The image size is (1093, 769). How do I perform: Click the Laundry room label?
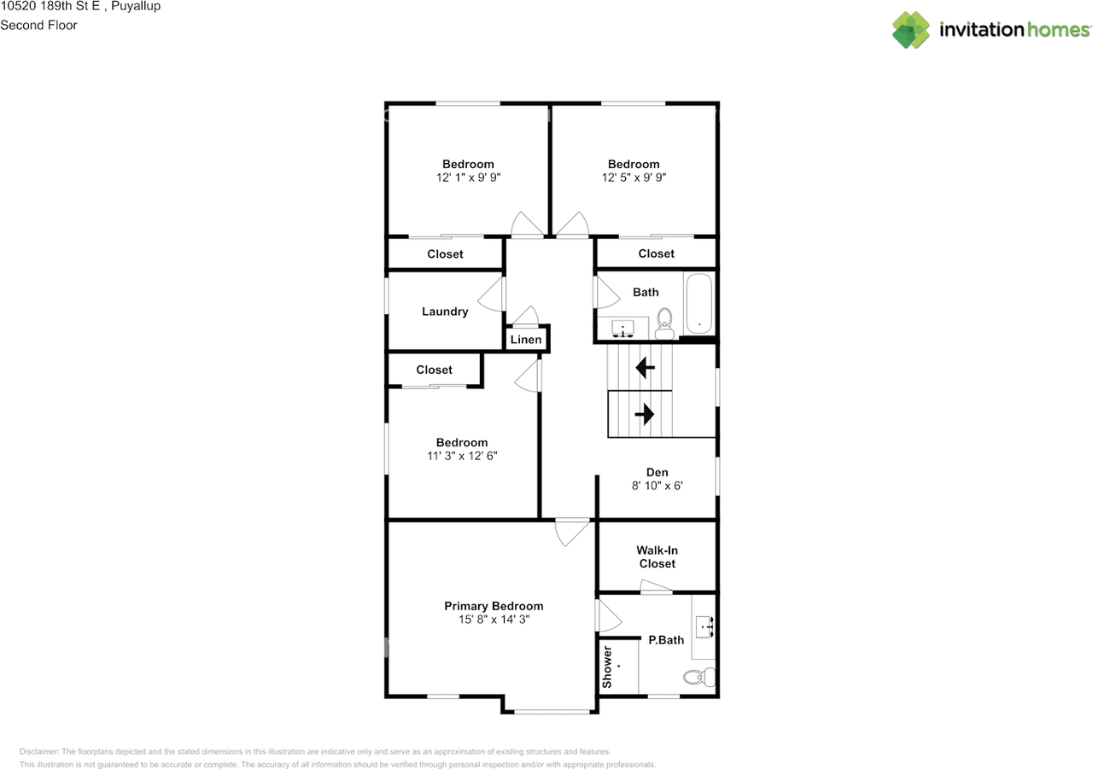[445, 312]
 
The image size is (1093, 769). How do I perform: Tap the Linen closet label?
[525, 340]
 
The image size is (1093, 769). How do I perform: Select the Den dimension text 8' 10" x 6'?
[658, 486]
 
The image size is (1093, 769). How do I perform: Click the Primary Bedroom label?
[494, 606]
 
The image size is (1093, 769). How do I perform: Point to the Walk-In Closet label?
[658, 556]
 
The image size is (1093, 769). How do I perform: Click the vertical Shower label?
[607, 667]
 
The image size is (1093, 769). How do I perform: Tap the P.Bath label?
[666, 640]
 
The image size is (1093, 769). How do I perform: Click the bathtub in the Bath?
[698, 303]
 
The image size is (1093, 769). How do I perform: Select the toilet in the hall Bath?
[664, 323]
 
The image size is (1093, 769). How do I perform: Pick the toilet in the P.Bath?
[699, 678]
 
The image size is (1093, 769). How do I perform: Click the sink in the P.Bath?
[705, 626]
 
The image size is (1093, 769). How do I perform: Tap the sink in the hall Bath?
[623, 329]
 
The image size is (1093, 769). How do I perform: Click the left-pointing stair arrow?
[645, 367]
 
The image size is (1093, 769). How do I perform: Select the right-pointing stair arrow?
[644, 414]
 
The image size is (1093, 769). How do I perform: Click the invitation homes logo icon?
[911, 30]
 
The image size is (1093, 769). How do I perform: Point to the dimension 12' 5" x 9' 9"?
[634, 178]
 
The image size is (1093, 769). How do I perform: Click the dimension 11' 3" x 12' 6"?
[462, 456]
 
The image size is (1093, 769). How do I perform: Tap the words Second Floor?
[38, 26]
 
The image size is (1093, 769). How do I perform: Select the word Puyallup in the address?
[136, 6]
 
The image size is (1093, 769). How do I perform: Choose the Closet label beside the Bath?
[657, 253]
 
